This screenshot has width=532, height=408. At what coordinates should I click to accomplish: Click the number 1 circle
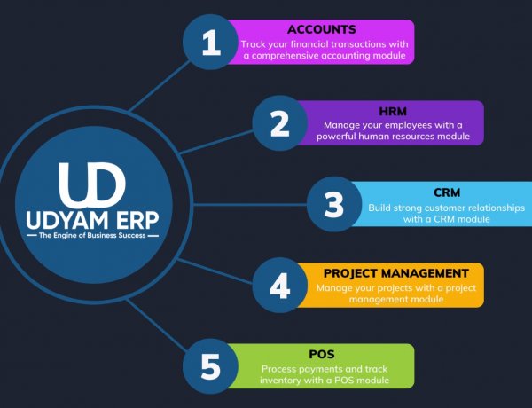click(211, 43)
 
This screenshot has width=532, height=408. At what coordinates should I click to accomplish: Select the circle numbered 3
click(333, 204)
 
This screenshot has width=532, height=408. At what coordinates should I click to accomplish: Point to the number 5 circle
click(211, 365)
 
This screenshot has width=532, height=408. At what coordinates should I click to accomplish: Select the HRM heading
click(395, 111)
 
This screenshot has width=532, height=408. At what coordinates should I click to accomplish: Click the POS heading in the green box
click(326, 354)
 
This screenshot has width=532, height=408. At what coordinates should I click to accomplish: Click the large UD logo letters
click(93, 185)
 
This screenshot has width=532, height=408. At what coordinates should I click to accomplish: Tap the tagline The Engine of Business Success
click(93, 237)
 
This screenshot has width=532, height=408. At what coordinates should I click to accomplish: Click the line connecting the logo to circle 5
click(158, 324)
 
